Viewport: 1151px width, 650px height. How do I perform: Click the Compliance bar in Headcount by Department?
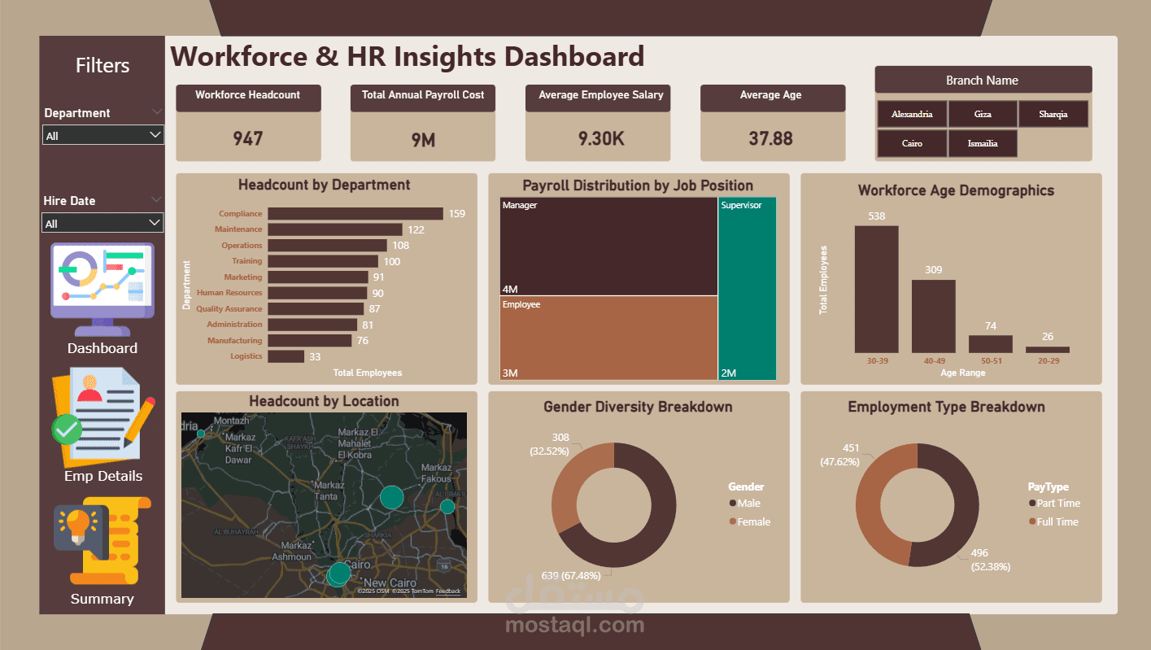[355, 214]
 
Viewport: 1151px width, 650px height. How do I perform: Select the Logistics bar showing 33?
[286, 356]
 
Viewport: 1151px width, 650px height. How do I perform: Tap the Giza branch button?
[983, 115]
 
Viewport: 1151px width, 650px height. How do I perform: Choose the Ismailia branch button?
[983, 143]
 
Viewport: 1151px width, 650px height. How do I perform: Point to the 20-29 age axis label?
[1048, 360]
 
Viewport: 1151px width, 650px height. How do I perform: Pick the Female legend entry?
[753, 522]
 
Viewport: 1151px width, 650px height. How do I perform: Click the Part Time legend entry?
[1057, 504]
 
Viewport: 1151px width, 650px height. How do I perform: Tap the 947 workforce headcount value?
[248, 138]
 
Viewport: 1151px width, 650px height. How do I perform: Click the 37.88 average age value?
[771, 138]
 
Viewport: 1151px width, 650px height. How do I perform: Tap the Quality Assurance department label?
[229, 309]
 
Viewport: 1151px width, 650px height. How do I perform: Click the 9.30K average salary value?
[601, 138]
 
